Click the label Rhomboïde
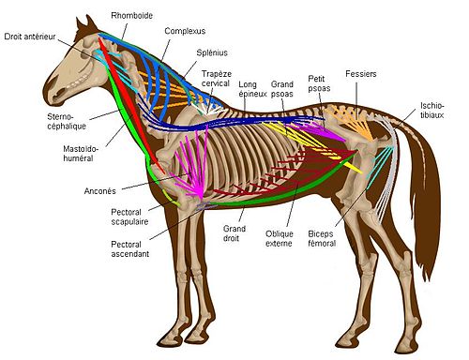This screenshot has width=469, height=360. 131,16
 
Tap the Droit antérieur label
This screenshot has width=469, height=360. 30,37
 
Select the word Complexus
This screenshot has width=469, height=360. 185,31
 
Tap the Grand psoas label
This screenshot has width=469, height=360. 282,90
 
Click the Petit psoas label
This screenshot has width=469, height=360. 322,83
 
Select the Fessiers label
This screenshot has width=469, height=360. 361,72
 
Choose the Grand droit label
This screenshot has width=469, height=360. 234,233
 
